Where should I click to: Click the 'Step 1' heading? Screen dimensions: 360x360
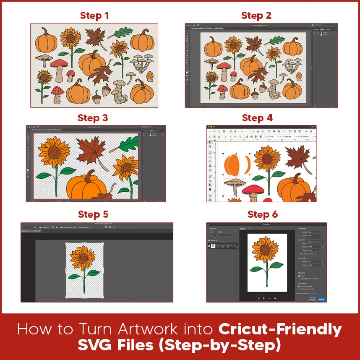pyautogui.click(x=94, y=16)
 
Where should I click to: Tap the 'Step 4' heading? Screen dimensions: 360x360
pyautogui.click(x=257, y=118)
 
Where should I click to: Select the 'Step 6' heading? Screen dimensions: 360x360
pyautogui.click(x=262, y=214)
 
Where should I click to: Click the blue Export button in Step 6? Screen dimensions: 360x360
pyautogui.click(x=321, y=299)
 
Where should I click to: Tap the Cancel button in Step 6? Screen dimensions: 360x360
pyautogui.click(x=312, y=299)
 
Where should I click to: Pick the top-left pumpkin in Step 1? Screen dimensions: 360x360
pyautogui.click(x=43, y=42)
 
